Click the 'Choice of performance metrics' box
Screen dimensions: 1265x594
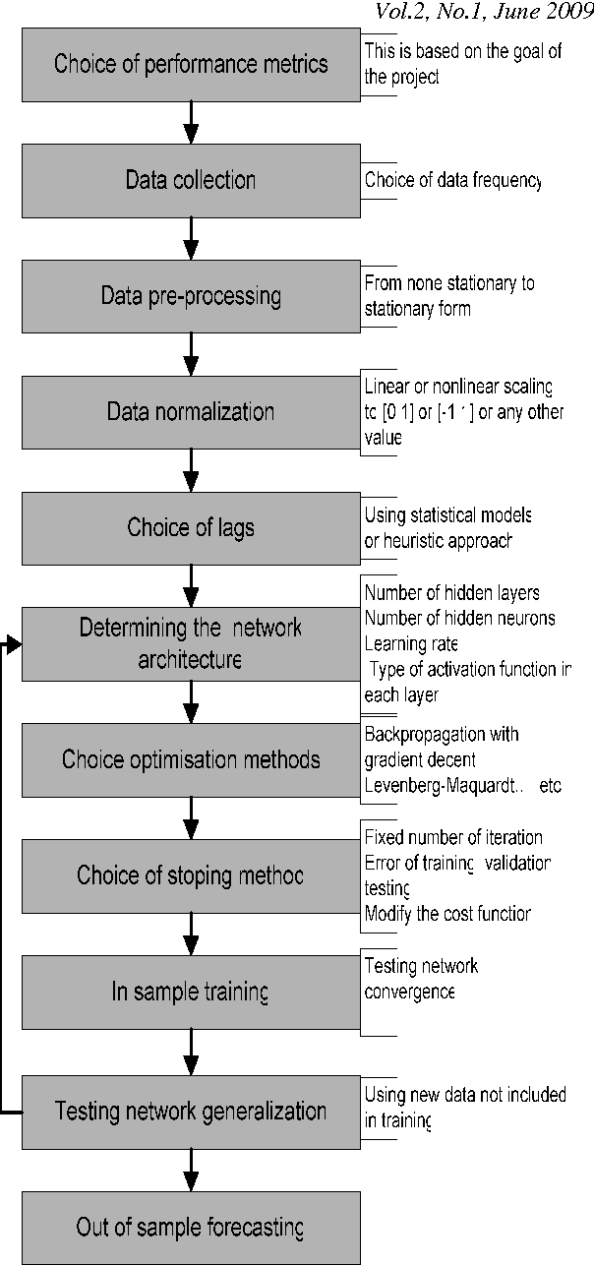pyautogui.click(x=191, y=66)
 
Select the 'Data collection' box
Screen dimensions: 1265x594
pyautogui.click(x=191, y=181)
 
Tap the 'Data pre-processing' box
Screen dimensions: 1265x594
pyautogui.click(x=191, y=296)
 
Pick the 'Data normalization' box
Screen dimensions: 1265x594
pyautogui.click(x=191, y=411)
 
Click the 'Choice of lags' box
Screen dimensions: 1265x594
pyautogui.click(x=191, y=528)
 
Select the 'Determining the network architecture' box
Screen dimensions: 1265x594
pyautogui.click(x=191, y=643)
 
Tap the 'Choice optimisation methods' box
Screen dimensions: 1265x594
pyautogui.click(x=191, y=759)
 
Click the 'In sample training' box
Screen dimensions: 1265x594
pyautogui.click(x=191, y=993)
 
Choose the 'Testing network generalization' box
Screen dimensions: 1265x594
pyautogui.click(x=191, y=1112)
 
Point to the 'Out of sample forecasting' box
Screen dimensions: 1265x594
pyautogui.click(x=191, y=1228)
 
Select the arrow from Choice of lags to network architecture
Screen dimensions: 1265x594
pyautogui.click(x=193, y=585)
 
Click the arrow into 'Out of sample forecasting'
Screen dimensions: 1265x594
pyautogui.click(x=193, y=1170)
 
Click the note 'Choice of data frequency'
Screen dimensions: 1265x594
pyautogui.click(x=452, y=181)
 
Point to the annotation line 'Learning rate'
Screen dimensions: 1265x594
pyautogui.click(x=411, y=643)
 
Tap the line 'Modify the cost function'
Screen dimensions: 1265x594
pyautogui.click(x=447, y=914)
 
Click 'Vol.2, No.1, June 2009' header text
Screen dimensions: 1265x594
pyautogui.click(x=484, y=12)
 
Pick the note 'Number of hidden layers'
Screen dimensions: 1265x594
pyautogui.click(x=451, y=593)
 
